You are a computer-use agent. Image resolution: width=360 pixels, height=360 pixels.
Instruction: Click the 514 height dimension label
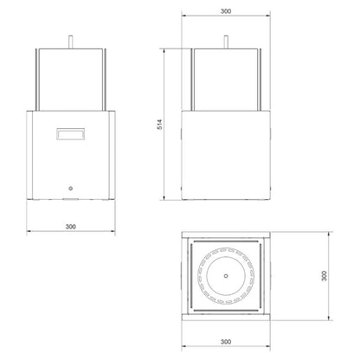pyautogui.click(x=160, y=124)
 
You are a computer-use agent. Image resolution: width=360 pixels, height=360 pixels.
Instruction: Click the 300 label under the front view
pyautogui.click(x=71, y=227)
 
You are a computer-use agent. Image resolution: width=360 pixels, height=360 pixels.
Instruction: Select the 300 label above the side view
pyautogui.click(x=226, y=11)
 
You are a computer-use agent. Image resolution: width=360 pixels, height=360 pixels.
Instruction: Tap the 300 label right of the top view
pyautogui.click(x=325, y=276)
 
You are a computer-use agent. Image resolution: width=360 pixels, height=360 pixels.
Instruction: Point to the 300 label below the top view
pyautogui.click(x=226, y=342)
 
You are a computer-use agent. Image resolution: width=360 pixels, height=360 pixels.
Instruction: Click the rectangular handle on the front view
pyautogui.click(x=71, y=134)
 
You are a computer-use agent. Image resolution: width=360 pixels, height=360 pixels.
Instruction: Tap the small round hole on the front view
pyautogui.click(x=71, y=189)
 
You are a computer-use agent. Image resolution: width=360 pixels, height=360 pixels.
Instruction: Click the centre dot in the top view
pyautogui.click(x=226, y=276)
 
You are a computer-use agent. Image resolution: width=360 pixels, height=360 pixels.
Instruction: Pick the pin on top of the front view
pyautogui.click(x=71, y=42)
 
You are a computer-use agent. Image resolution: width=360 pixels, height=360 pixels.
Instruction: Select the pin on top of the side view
pyautogui.click(x=226, y=42)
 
